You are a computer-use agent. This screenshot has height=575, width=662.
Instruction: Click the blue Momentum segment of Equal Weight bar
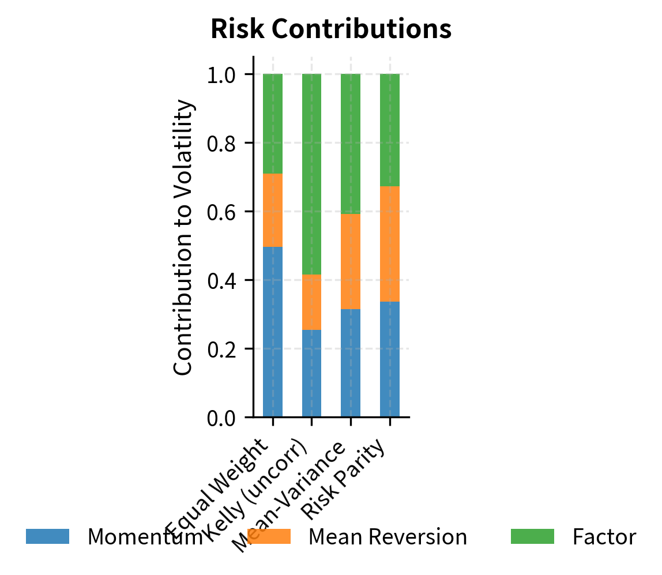pyautogui.click(x=273, y=332)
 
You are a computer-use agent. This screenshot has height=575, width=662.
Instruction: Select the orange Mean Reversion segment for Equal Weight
pyautogui.click(x=273, y=210)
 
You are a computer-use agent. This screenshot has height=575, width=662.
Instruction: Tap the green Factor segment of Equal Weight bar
pyautogui.click(x=273, y=124)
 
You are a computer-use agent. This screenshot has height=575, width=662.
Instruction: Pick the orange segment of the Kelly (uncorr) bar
pyautogui.click(x=311, y=302)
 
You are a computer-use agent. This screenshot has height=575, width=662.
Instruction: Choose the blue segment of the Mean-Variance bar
pyautogui.click(x=351, y=363)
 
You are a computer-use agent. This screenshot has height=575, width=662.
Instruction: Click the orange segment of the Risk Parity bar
pyautogui.click(x=390, y=244)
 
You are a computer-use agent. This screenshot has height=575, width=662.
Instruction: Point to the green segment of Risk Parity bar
pyautogui.click(x=390, y=130)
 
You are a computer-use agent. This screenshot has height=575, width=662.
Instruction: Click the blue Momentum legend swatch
pyautogui.click(x=48, y=537)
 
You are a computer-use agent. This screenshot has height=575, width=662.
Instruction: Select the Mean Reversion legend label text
pyautogui.click(x=388, y=537)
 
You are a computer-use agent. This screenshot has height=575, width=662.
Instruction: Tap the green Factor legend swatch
pyautogui.click(x=532, y=537)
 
